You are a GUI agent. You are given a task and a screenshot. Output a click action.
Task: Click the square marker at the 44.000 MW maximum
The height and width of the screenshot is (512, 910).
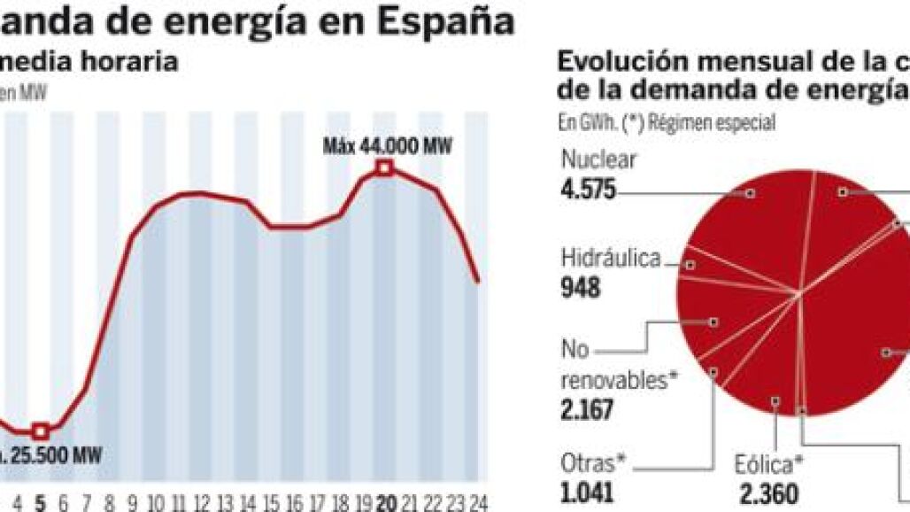tap(384, 167)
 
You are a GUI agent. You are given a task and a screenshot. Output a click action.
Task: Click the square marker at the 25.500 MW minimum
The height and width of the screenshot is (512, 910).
tap(40, 431)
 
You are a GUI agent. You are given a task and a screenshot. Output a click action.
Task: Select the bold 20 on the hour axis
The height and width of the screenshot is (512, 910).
tap(385, 502)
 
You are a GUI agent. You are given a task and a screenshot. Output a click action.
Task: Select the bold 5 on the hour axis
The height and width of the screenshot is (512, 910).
tap(40, 502)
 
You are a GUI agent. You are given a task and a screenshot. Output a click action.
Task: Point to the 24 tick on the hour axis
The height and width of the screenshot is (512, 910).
tap(476, 502)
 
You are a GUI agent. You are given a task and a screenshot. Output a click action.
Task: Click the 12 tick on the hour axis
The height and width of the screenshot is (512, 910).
tap(202, 502)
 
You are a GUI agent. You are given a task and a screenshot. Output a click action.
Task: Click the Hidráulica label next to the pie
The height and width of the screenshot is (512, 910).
tap(611, 258)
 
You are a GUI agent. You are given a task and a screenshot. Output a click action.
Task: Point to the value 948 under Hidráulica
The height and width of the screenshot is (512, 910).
tap(581, 288)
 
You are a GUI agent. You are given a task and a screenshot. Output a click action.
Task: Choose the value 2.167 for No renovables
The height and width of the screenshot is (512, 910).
tap(589, 410)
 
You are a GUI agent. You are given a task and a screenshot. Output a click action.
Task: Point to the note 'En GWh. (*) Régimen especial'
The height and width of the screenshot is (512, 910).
tap(667, 123)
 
